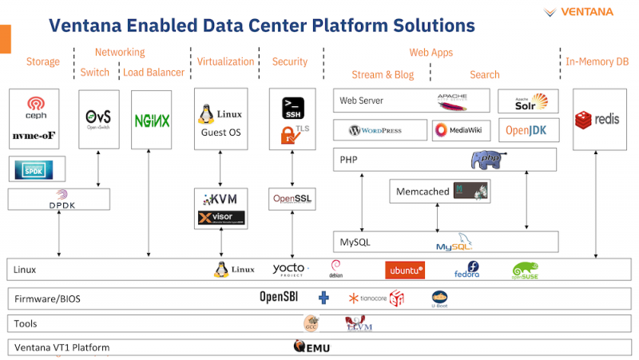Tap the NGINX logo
(x=152, y=121)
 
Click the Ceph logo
(x=36, y=107)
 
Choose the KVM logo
(x=220, y=198)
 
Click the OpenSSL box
(x=292, y=198)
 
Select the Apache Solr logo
(x=526, y=101)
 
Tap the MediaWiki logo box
(x=462, y=130)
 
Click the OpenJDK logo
(x=526, y=130)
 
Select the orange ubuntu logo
(x=404, y=271)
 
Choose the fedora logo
(x=466, y=271)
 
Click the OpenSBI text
(x=279, y=298)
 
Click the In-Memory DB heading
(x=595, y=61)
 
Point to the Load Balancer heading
(x=153, y=73)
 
